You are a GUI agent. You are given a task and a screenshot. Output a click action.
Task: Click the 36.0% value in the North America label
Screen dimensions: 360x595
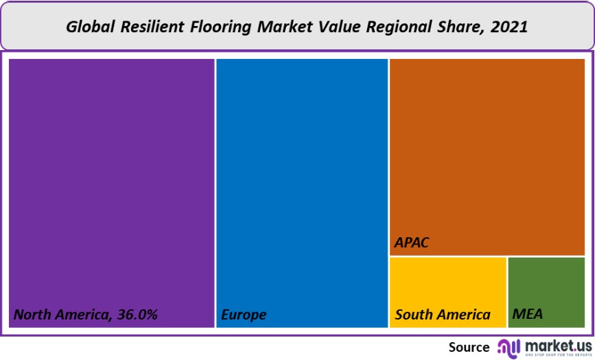point(136,315)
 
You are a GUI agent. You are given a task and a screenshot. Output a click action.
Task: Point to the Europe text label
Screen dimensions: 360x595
point(244,315)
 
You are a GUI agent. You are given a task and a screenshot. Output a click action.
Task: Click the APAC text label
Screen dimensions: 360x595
point(412,243)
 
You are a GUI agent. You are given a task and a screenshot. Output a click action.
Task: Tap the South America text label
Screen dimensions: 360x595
point(443,315)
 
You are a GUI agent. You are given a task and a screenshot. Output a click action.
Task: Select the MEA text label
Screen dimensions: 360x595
point(527,315)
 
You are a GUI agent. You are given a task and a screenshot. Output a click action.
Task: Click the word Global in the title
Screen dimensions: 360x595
point(91,28)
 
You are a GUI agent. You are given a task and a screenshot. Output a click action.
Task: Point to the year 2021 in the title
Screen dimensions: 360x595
point(509,28)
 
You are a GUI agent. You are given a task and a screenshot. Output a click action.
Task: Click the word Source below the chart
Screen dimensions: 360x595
point(469,347)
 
